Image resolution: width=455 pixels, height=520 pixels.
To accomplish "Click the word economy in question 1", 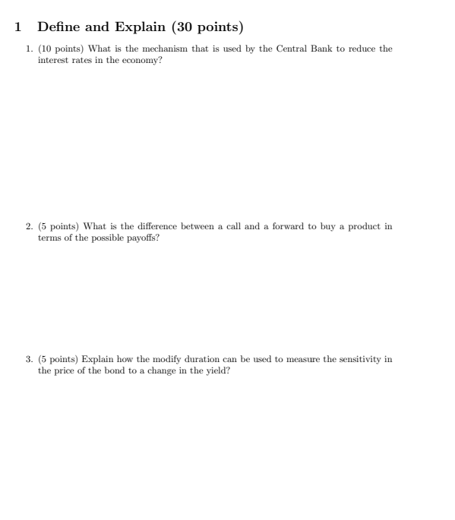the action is pyautogui.click(x=143, y=60).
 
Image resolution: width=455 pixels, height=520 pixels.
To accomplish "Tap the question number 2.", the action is pyautogui.click(x=29, y=226).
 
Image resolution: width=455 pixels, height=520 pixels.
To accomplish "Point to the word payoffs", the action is pyautogui.click(x=141, y=238).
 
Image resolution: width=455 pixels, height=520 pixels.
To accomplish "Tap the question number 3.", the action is pyautogui.click(x=29, y=359).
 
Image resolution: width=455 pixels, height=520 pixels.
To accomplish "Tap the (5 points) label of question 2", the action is pyautogui.click(x=59, y=226).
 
